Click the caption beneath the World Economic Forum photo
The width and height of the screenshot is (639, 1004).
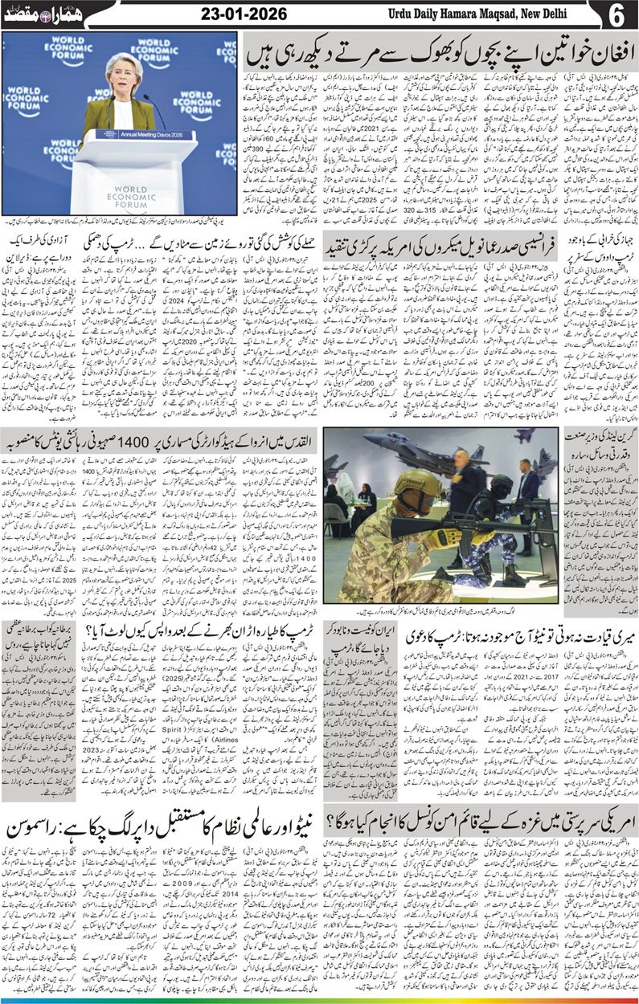click(121, 221)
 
